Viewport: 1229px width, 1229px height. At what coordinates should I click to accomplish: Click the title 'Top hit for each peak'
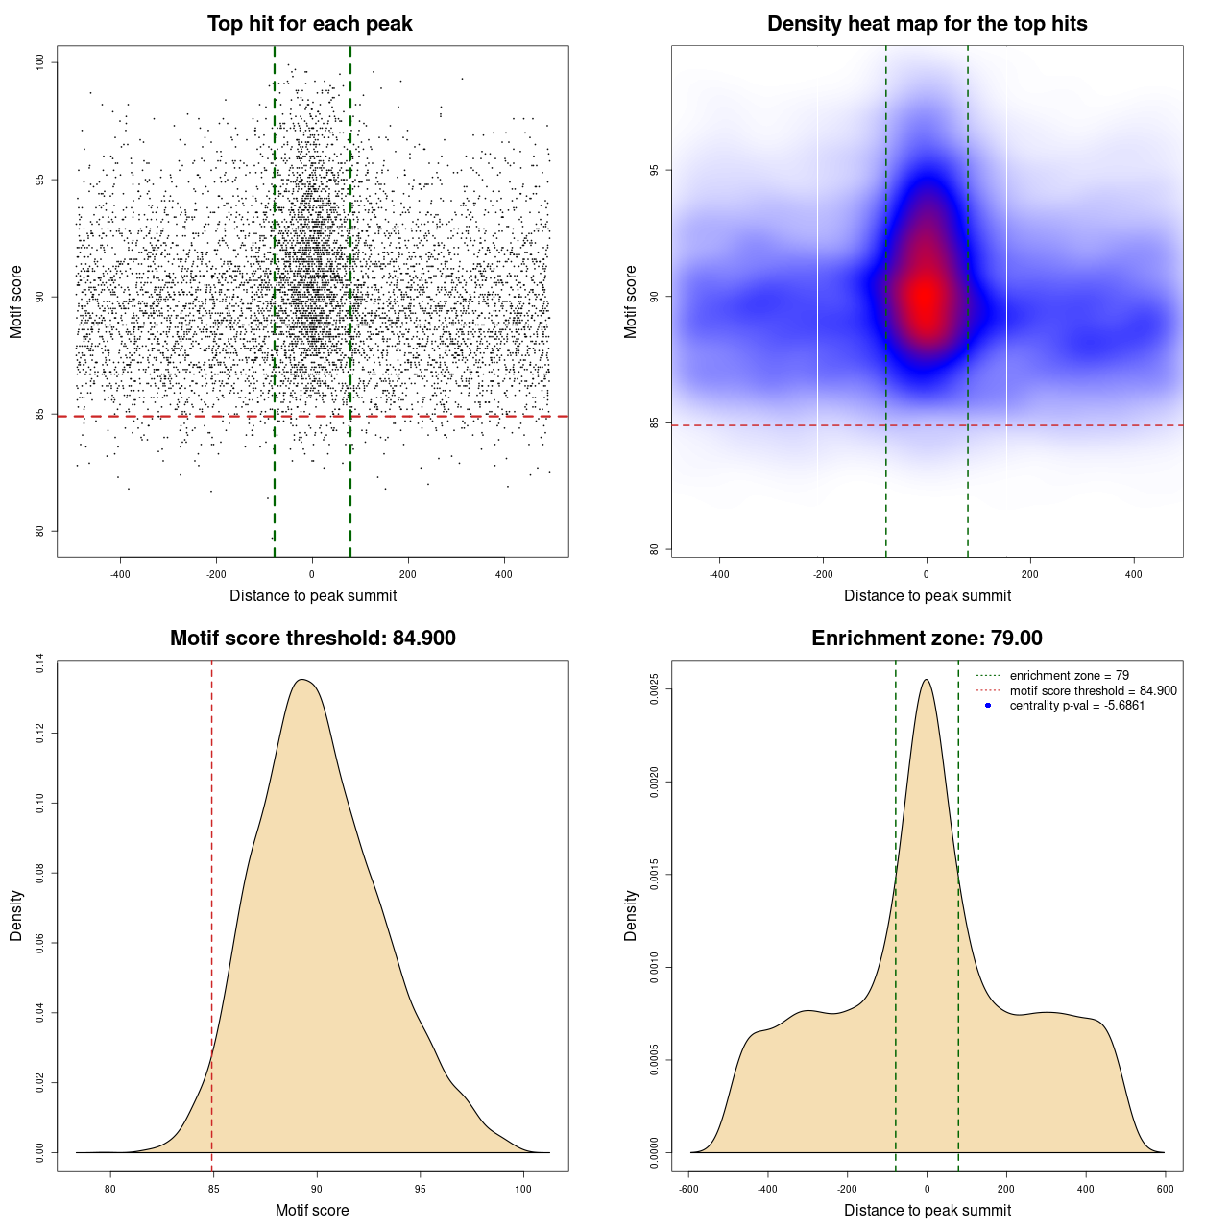[x=309, y=24]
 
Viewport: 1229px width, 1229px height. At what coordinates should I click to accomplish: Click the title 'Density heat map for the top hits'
[x=927, y=24]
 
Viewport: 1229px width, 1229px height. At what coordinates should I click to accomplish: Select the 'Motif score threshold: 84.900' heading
[x=312, y=639]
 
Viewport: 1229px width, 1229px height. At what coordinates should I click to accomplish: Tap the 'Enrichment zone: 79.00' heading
[x=927, y=639]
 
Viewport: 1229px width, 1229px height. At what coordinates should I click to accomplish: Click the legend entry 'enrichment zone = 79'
[x=1069, y=676]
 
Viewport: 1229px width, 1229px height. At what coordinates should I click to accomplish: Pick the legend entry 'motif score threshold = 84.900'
[x=1093, y=690]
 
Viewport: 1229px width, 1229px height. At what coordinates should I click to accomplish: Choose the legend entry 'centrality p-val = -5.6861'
[x=1076, y=706]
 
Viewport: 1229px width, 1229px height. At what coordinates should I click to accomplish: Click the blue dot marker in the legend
[x=988, y=706]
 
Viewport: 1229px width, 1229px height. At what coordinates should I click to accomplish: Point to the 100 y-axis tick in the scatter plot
[x=39, y=62]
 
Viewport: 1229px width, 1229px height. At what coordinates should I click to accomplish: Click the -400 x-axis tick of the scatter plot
[x=120, y=574]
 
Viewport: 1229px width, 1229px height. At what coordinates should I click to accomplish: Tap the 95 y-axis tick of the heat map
[x=654, y=170]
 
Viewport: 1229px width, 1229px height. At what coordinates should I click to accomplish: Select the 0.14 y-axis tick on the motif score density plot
[x=39, y=663]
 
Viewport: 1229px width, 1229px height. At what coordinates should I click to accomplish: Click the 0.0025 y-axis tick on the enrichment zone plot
[x=654, y=689]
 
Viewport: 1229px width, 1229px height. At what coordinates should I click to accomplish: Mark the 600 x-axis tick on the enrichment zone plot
[x=1165, y=1189]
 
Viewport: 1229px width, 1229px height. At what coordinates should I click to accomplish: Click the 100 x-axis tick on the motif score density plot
[x=522, y=1189]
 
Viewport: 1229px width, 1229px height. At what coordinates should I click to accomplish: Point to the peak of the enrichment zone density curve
[x=926, y=681]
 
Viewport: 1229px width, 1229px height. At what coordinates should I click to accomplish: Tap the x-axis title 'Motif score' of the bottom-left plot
[x=312, y=1210]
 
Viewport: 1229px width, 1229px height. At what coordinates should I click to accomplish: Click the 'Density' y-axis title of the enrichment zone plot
[x=631, y=915]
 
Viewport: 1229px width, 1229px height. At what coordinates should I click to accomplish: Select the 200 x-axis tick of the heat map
[x=1029, y=574]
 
